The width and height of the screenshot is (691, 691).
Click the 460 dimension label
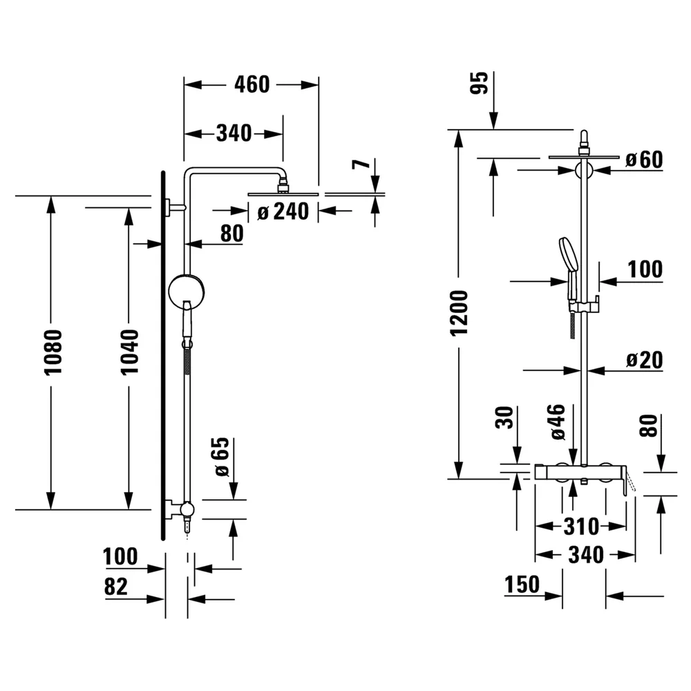point(252,84)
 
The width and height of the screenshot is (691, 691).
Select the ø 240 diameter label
point(283,211)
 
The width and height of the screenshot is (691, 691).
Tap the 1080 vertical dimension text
point(53,352)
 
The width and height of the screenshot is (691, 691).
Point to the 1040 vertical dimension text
point(130,352)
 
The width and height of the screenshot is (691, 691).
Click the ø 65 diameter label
point(223,457)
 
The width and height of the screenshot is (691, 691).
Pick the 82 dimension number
point(116,587)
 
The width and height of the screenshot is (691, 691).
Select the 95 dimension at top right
point(480,82)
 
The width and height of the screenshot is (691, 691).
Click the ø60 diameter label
point(644,159)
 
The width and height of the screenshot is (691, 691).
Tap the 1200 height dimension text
point(459,313)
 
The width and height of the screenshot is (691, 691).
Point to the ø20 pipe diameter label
point(644,360)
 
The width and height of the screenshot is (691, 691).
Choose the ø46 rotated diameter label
point(558,422)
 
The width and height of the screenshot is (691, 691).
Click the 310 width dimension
point(581,527)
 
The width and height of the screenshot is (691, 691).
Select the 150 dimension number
point(522,585)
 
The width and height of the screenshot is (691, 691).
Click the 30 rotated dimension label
point(505,417)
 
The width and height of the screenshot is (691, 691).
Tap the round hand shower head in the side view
point(187,291)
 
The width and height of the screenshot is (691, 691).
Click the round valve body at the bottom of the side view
point(187,509)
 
